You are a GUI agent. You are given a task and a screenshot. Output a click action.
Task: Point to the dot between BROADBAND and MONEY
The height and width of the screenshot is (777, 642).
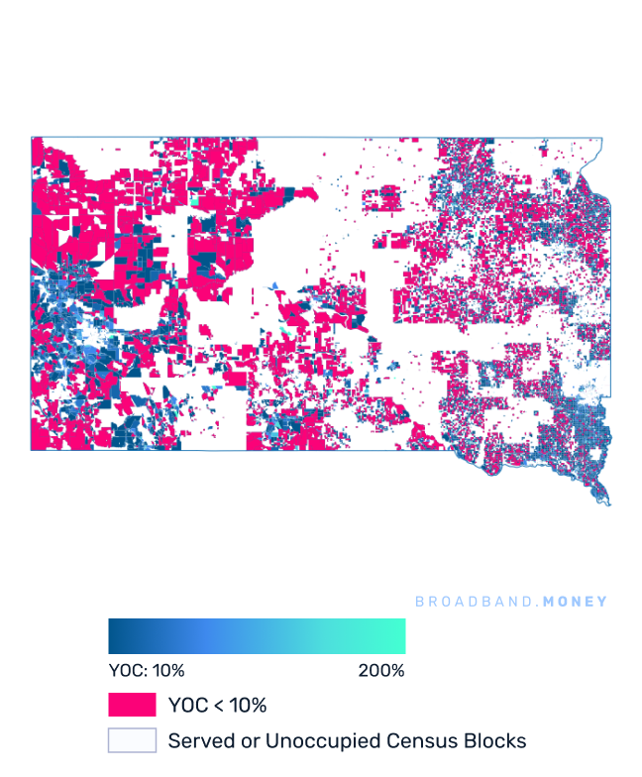(538, 603)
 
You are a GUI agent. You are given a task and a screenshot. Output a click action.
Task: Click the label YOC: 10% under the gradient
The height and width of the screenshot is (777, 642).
(147, 671)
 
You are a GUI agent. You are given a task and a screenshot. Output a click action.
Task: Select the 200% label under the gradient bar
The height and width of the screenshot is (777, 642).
(381, 671)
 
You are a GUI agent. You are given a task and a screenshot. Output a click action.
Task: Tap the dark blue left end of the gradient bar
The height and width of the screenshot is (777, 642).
(115, 636)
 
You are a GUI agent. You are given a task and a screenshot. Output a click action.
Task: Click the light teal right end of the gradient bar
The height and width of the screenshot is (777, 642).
(399, 636)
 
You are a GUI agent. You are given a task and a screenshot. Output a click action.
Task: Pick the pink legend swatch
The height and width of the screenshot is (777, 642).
(132, 705)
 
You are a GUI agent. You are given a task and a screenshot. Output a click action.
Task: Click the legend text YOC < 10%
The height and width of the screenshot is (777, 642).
(217, 706)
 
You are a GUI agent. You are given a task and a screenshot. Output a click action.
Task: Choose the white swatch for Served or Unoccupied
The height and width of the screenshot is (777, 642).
(132, 740)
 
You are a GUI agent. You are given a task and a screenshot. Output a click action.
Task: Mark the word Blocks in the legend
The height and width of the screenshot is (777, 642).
(492, 740)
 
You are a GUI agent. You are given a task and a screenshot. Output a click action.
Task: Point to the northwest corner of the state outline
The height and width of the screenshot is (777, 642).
(32, 137)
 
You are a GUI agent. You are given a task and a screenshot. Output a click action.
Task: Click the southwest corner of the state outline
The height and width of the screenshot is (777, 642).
(32, 450)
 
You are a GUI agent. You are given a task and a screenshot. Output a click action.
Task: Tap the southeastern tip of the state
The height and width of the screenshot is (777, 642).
(607, 504)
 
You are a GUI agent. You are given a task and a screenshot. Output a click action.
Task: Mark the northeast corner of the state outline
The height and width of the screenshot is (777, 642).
(600, 138)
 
